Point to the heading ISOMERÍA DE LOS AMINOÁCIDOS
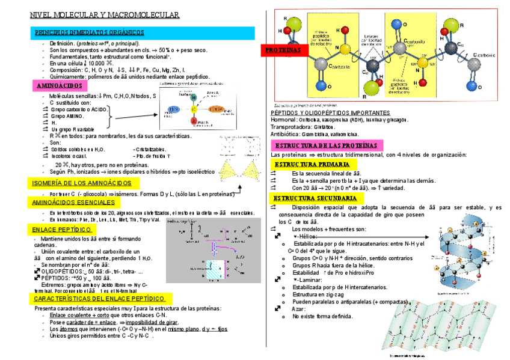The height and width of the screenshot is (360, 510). tap(81, 183)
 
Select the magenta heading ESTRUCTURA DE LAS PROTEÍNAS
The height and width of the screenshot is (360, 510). tap(326, 146)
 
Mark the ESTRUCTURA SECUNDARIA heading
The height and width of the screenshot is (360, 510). tap(316, 198)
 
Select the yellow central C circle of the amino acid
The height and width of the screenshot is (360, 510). tap(193, 110)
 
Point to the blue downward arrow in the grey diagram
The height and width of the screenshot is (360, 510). tap(215, 246)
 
